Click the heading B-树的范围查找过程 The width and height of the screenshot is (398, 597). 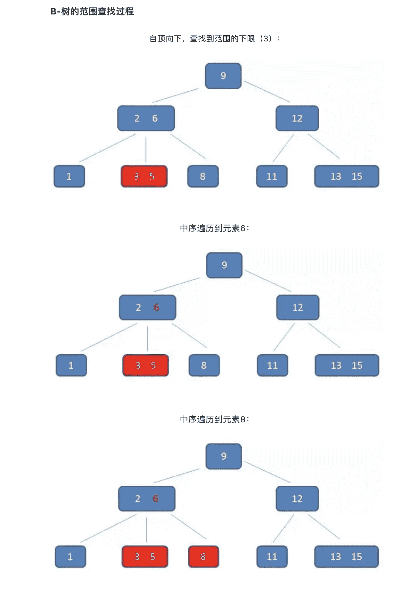tap(92, 12)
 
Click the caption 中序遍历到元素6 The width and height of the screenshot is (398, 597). tap(214, 228)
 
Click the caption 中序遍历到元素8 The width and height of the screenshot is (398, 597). tap(214, 419)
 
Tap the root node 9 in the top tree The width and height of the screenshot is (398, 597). tap(223, 76)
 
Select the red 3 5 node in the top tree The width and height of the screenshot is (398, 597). tap(144, 176)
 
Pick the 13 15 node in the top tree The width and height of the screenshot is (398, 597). tap(346, 176)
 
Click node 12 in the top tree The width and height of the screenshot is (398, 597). tap(297, 118)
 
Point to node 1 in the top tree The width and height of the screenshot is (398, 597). tap(69, 176)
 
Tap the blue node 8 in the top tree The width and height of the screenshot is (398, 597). tap(203, 176)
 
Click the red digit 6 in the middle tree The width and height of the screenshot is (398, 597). tap(156, 308)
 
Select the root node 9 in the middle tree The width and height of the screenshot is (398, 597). tap(224, 265)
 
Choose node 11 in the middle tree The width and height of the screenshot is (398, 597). tap(273, 365)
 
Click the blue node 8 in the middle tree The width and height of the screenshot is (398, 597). tap(204, 365)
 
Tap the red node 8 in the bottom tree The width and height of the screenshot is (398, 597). tap(203, 557)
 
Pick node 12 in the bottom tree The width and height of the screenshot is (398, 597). tap(297, 499)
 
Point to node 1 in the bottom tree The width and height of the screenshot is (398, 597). tap(70, 557)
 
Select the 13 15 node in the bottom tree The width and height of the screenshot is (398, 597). tap(346, 557)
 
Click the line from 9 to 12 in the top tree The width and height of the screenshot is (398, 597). tap(267, 92)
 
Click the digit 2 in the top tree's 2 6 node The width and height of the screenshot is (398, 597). tap(137, 119)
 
